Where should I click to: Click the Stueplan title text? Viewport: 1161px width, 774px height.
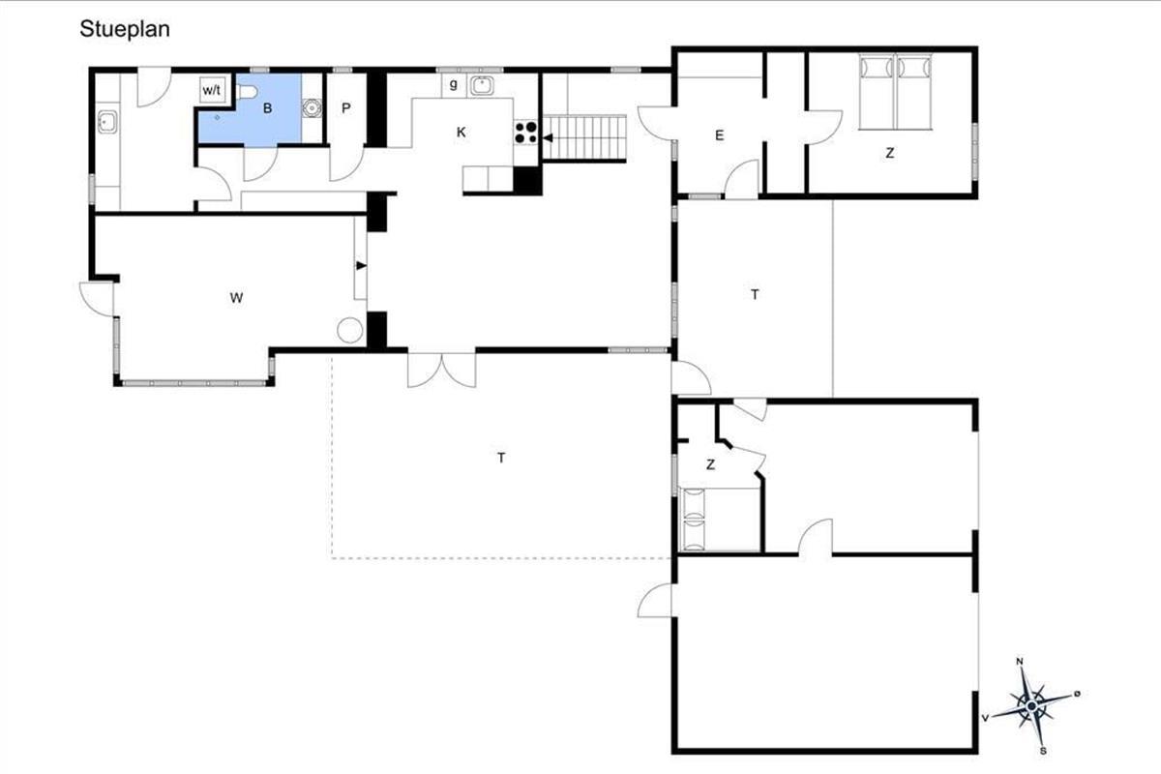125,29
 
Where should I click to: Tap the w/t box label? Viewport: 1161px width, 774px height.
212,90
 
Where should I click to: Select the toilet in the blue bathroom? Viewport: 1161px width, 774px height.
248,92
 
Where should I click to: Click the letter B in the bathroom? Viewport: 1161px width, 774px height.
267,108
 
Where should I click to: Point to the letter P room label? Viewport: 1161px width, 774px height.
345,108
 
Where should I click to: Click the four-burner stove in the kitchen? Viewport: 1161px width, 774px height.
526,133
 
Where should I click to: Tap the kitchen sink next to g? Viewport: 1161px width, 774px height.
483,85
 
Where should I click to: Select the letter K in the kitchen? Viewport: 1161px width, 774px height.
461,133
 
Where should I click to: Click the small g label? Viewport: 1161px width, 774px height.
454,83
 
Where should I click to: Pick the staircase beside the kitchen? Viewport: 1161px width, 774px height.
584,138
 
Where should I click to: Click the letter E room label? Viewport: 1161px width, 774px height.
719,135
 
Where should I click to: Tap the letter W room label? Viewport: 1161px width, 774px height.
236,298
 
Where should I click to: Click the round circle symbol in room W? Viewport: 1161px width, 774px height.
350,330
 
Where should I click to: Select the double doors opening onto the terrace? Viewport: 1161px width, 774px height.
441,371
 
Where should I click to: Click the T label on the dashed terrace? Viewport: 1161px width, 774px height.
501,458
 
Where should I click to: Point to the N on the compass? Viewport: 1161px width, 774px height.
1019,661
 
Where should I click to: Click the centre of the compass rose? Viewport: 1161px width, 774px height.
1031,706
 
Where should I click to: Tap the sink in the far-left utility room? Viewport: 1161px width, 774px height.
107,122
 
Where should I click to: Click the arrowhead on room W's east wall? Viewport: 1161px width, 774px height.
361,265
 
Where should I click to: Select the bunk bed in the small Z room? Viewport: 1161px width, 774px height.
694,519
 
